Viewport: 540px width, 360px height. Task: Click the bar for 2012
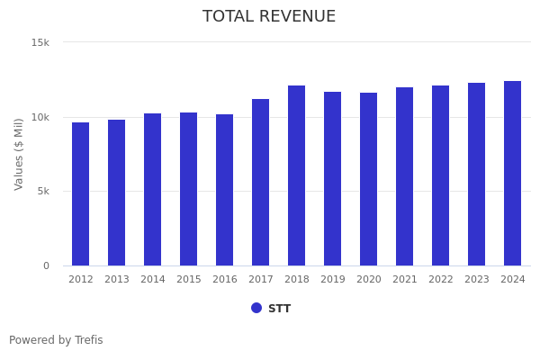tap(81, 194)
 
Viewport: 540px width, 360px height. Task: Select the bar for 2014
tap(153, 190)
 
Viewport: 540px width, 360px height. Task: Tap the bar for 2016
tap(225, 190)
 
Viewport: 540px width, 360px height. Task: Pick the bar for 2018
tap(297, 175)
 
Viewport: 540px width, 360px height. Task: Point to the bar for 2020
tap(369, 179)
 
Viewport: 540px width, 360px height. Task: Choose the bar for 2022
tap(441, 175)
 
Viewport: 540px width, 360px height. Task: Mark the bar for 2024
tap(513, 174)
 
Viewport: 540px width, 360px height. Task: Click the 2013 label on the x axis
tap(117, 280)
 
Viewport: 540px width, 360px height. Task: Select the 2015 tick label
tap(189, 280)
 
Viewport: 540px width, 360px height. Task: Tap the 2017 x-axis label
tap(261, 280)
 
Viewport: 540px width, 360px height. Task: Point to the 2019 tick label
tap(333, 280)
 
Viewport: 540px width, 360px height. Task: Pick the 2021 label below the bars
tap(405, 280)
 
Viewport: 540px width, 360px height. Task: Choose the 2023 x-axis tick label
tap(477, 280)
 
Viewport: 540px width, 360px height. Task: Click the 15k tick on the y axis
tap(40, 42)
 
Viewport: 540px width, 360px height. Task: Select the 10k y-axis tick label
tap(40, 117)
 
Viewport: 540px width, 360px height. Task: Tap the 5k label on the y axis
tap(42, 192)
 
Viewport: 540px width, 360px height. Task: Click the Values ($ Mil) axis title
tap(19, 154)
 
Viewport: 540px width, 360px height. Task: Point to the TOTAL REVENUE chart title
tap(269, 17)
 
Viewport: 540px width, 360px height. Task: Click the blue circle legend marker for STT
tap(256, 308)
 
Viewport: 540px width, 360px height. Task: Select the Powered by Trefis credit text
tap(56, 340)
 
